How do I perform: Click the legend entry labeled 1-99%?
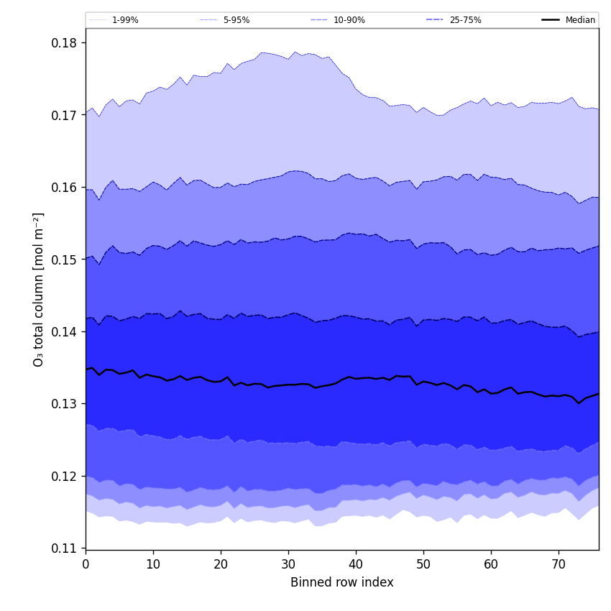point(126,20)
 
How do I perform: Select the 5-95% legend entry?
point(236,20)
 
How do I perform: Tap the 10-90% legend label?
point(349,20)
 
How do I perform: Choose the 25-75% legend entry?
point(465,20)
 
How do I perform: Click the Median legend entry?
point(580,20)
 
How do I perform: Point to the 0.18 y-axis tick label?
point(63,43)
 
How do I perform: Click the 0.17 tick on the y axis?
point(63,115)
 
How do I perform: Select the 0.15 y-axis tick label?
point(63,259)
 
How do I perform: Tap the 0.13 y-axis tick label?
point(63,404)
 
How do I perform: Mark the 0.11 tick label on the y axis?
point(63,548)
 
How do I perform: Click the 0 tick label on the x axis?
point(86,565)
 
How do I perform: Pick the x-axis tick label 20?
point(221,565)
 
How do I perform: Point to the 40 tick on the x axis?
point(356,565)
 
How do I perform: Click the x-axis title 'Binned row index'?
point(342,583)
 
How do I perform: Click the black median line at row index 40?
point(356,378)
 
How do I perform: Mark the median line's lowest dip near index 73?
point(579,403)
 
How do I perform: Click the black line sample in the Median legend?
point(551,20)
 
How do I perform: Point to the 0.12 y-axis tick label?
point(63,476)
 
